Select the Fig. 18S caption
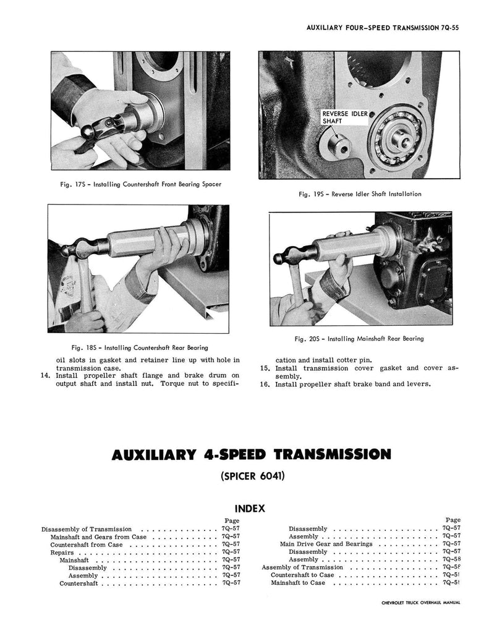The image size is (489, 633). point(140,347)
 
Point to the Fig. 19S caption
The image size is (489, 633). point(360,193)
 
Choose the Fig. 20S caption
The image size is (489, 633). point(359,339)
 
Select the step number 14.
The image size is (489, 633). point(45,375)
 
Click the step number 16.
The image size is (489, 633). point(265,384)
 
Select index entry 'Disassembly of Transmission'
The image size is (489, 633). point(87,529)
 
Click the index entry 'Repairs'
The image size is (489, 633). point(62,552)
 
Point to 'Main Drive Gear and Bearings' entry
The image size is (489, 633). point(326,544)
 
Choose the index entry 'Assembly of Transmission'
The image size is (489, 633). point(302,567)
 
